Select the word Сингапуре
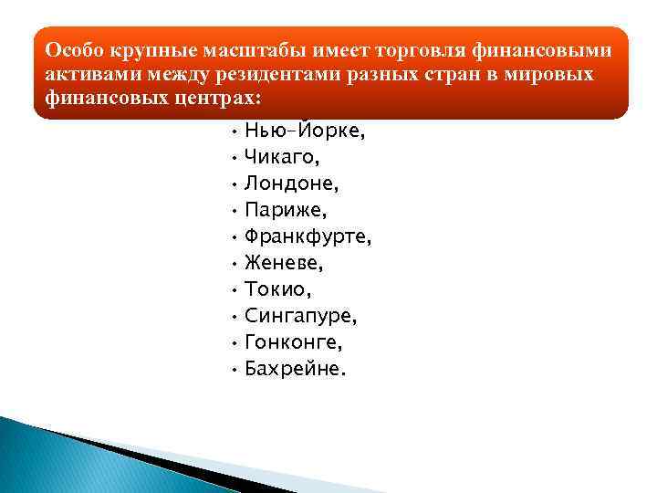[x=301, y=316]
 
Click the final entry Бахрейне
[x=296, y=369]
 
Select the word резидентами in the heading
[x=280, y=72]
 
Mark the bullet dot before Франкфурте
[x=235, y=239]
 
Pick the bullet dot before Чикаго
[x=235, y=160]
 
